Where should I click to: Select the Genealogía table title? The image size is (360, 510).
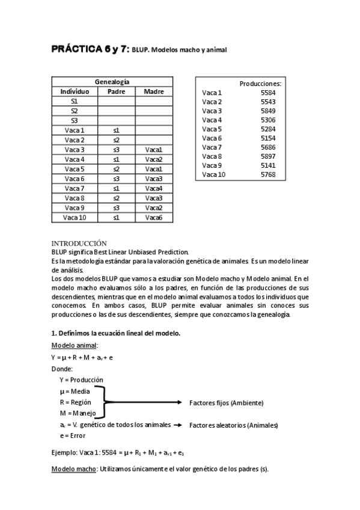(x=112, y=82)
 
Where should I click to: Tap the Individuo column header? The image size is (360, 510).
(x=75, y=91)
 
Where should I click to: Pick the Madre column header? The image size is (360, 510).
(x=154, y=91)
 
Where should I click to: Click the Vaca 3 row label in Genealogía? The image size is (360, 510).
(x=75, y=150)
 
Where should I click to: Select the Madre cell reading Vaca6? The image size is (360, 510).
(x=154, y=218)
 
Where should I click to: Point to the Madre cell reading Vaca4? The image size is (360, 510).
(x=154, y=188)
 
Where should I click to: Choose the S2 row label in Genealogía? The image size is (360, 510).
(x=75, y=111)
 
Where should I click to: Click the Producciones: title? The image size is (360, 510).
(x=260, y=83)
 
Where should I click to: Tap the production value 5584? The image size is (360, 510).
(x=268, y=93)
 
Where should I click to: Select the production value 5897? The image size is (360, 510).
(x=268, y=156)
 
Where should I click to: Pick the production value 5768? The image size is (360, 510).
(x=268, y=174)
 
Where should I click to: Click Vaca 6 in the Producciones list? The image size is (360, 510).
(x=212, y=138)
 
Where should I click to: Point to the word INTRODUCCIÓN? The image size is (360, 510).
(x=79, y=243)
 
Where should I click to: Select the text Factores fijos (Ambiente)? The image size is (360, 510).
(x=226, y=402)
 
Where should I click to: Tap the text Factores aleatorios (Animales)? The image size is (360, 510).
(x=234, y=425)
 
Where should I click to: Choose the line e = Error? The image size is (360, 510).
(x=73, y=436)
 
